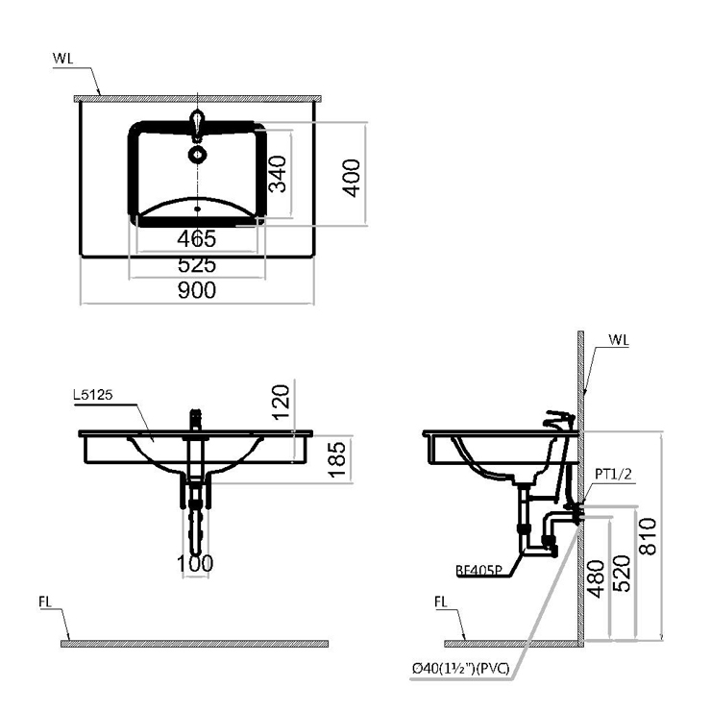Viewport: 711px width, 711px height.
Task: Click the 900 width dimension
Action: [x=197, y=290]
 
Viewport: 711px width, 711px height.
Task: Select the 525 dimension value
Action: [x=197, y=265]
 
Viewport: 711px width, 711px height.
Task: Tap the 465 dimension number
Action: [x=197, y=239]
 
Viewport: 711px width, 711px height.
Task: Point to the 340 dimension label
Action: [x=278, y=174]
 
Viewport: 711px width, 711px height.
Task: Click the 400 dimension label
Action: [x=351, y=178]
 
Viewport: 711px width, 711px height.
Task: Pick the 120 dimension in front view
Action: [x=281, y=403]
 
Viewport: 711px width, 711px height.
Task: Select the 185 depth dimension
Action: [x=337, y=459]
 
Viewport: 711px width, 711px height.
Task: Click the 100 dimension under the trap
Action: [x=195, y=564]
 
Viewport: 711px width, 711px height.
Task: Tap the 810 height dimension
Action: [x=648, y=536]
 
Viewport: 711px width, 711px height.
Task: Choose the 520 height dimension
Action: [x=622, y=574]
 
